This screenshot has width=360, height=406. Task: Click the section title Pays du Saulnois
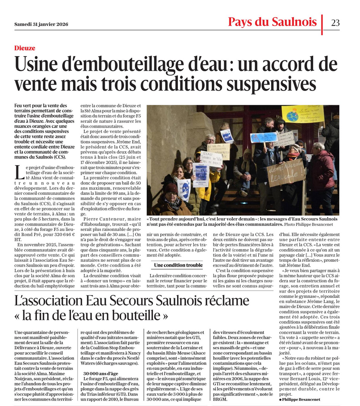point(273,22)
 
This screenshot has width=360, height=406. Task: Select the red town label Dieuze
point(24,48)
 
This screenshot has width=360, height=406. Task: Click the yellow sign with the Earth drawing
point(302,114)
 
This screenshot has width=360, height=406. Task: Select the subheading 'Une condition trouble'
point(178,265)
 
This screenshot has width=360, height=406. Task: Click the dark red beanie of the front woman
point(171,188)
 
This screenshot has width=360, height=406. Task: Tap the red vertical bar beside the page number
point(322,24)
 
